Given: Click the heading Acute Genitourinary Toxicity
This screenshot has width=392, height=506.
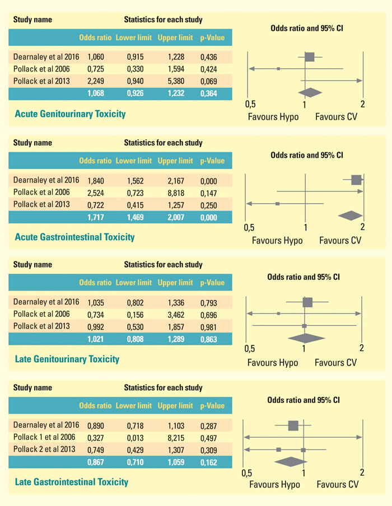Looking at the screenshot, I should [70, 114].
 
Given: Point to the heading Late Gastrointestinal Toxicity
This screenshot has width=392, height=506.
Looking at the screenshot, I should [72, 481].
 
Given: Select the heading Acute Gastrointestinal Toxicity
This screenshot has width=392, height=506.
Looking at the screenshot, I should [74, 237].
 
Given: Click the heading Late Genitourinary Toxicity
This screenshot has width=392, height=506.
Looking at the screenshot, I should [67, 359].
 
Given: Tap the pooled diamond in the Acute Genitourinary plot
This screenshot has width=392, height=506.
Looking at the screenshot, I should [311, 92].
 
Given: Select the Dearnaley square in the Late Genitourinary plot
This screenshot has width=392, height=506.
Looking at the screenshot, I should [307, 302].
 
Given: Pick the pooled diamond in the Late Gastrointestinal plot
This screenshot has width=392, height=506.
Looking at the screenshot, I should [291, 461].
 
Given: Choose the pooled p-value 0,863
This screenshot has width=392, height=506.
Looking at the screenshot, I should [212, 339].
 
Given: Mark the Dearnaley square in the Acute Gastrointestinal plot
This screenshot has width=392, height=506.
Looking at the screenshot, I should [356, 180].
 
